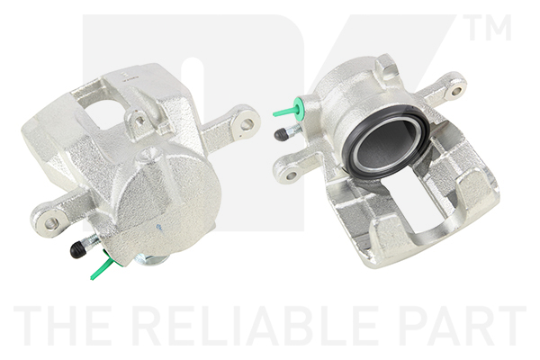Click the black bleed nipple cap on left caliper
point(77,249)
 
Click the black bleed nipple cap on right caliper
point(282,134)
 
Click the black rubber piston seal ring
point(385,143)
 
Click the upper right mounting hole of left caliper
point(247,123)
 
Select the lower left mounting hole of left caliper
point(51,222)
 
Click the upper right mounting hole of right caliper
point(456,91)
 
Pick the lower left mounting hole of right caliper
point(292,175)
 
